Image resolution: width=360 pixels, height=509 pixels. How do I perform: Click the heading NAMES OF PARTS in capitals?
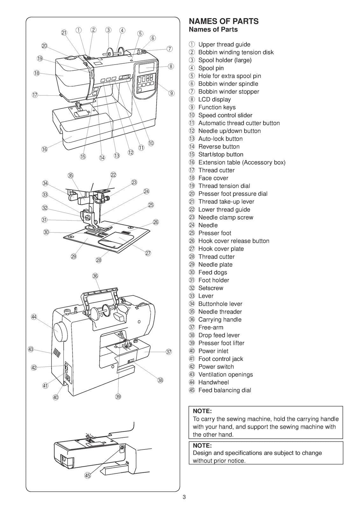click(223, 21)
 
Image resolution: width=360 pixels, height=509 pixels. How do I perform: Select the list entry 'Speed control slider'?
click(225, 115)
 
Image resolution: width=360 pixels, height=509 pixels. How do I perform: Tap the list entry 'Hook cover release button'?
click(234, 241)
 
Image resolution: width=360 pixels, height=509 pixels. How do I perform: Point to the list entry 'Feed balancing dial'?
click(224, 390)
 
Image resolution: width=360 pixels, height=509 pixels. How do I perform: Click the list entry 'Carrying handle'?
click(220, 319)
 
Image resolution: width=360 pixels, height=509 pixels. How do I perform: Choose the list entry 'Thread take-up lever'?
click(226, 201)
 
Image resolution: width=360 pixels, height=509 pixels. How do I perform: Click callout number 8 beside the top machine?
click(171, 66)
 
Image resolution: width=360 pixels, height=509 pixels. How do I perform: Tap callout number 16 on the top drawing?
click(45, 149)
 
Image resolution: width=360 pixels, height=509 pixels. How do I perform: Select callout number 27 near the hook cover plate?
click(148, 253)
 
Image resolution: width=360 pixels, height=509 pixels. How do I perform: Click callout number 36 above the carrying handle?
click(95, 276)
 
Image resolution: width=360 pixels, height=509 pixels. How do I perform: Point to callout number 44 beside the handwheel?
click(34, 317)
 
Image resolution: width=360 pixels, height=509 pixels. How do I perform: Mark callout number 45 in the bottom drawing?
click(88, 476)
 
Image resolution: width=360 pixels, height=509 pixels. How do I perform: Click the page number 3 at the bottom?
click(184, 498)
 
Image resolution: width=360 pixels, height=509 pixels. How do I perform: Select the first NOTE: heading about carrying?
click(202, 411)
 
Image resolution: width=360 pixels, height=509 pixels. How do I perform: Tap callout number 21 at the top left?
click(64, 32)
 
